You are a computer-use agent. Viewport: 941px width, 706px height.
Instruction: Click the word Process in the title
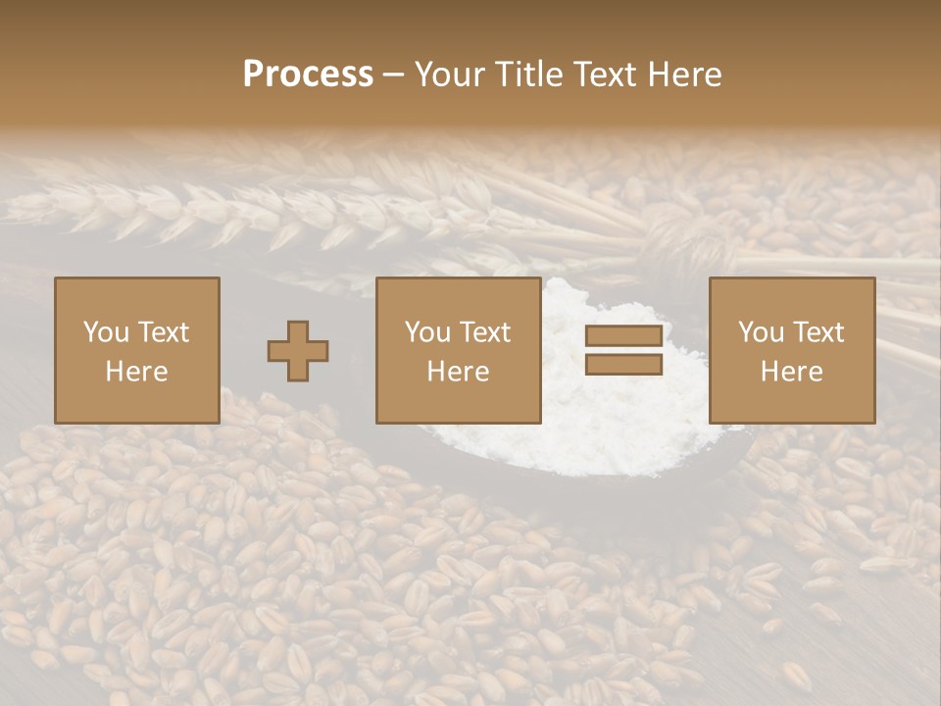click(308, 75)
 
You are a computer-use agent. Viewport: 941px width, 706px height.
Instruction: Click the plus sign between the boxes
click(298, 351)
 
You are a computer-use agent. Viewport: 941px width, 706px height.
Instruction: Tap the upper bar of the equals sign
click(623, 336)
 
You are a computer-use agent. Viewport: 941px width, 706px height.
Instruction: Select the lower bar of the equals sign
click(623, 365)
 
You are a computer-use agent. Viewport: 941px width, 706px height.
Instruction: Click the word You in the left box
click(106, 332)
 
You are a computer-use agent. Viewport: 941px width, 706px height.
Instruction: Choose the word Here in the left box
click(136, 372)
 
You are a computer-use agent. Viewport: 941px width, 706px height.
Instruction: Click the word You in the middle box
click(427, 332)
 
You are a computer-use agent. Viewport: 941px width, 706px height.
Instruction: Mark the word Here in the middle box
click(458, 372)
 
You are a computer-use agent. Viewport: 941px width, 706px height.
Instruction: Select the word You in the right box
click(761, 332)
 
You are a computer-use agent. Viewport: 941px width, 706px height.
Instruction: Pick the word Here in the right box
click(791, 372)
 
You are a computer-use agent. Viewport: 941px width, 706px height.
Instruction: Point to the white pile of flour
click(627, 431)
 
